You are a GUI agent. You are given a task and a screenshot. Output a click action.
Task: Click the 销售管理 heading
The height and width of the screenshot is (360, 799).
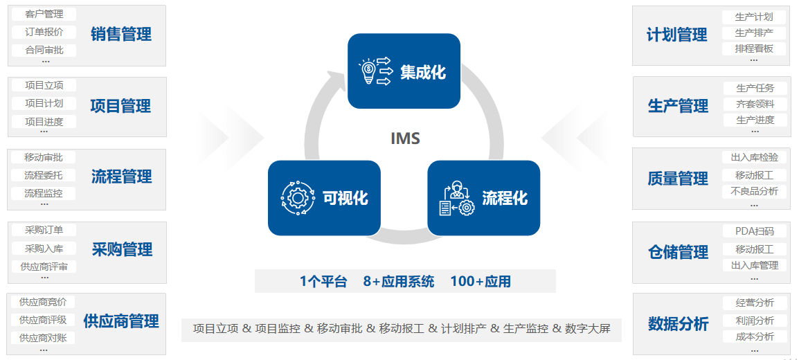click(x=120, y=34)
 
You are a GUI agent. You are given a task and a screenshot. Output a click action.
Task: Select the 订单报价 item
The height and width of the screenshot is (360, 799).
click(x=44, y=32)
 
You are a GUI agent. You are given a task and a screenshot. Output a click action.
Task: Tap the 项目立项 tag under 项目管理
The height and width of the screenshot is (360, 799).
click(x=44, y=85)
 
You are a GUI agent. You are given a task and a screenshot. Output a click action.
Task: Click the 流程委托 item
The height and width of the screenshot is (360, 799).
click(x=44, y=175)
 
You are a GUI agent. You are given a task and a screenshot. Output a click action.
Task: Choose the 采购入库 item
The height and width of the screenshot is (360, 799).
click(x=44, y=248)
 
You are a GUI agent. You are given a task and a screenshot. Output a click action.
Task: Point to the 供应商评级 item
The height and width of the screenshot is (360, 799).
click(x=43, y=320)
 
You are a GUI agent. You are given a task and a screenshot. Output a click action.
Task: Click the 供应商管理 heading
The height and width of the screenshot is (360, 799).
click(x=121, y=321)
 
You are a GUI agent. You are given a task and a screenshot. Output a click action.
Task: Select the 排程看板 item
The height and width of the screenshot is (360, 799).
click(x=754, y=48)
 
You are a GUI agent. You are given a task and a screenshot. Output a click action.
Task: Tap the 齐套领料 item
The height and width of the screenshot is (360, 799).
click(x=755, y=104)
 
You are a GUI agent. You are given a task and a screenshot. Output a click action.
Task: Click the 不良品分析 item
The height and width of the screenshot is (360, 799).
click(x=754, y=191)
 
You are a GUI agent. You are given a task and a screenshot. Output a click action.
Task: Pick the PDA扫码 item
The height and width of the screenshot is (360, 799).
click(x=754, y=231)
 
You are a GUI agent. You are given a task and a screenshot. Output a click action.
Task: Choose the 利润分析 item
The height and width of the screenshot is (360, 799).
click(x=754, y=321)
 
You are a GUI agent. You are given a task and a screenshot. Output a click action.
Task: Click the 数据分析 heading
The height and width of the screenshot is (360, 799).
click(x=678, y=323)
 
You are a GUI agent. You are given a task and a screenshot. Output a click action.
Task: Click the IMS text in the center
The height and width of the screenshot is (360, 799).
click(x=405, y=138)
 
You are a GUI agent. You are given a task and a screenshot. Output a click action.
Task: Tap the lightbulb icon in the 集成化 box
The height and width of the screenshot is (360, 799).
click(x=368, y=71)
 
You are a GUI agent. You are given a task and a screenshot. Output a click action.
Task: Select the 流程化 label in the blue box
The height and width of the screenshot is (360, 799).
click(x=505, y=198)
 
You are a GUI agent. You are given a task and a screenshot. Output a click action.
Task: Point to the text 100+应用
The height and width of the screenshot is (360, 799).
click(x=481, y=281)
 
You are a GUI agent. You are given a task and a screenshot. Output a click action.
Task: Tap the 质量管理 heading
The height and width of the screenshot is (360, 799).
click(x=678, y=179)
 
